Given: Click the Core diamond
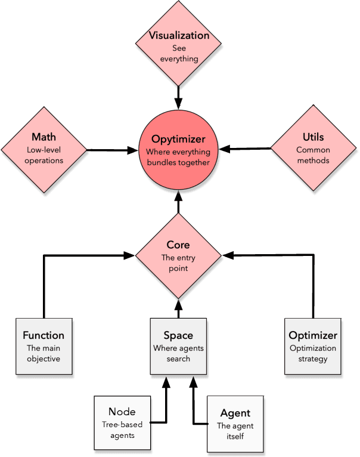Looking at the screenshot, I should click(178, 255).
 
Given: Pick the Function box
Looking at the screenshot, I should click(44, 346).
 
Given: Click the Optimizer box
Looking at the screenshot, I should click(313, 346).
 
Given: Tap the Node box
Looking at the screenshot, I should click(122, 422).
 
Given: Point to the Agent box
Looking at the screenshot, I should click(235, 424).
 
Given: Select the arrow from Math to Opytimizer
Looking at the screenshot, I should click(112, 150).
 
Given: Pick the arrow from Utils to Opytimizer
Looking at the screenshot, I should click(249, 149).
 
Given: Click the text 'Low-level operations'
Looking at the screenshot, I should click(44, 155).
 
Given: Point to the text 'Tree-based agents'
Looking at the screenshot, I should click(122, 431).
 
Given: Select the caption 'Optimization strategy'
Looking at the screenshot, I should click(313, 353).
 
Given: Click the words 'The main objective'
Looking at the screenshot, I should click(44, 353).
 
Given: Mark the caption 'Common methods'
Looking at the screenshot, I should click(313, 155).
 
